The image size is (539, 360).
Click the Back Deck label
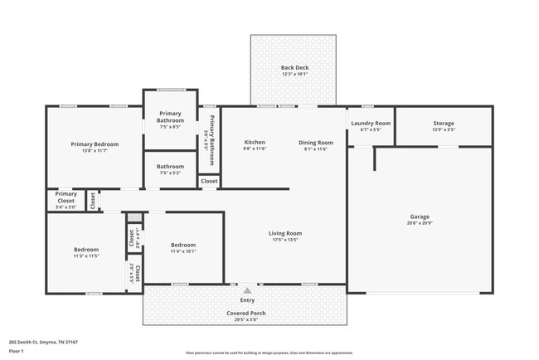[x=294, y=67]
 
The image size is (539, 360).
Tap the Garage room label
[x=419, y=216]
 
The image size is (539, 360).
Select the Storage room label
[x=444, y=124]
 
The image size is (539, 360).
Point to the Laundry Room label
[x=371, y=123]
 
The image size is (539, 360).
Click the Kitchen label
[x=255, y=142]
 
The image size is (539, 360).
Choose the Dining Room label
[x=316, y=142]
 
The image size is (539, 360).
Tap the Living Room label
[x=284, y=233]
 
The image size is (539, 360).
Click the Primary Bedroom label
[x=95, y=144]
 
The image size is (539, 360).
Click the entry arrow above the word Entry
[x=247, y=290]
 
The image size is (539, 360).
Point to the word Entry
[x=247, y=299]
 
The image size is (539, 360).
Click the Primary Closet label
[x=66, y=197]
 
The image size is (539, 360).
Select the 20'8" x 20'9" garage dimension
[x=419, y=223]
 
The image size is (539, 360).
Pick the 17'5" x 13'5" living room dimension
[x=284, y=240]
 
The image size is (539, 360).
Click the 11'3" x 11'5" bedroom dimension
[x=86, y=256]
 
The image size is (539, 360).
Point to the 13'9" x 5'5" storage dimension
[x=444, y=130]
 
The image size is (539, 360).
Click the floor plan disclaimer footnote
[x=269, y=353]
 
